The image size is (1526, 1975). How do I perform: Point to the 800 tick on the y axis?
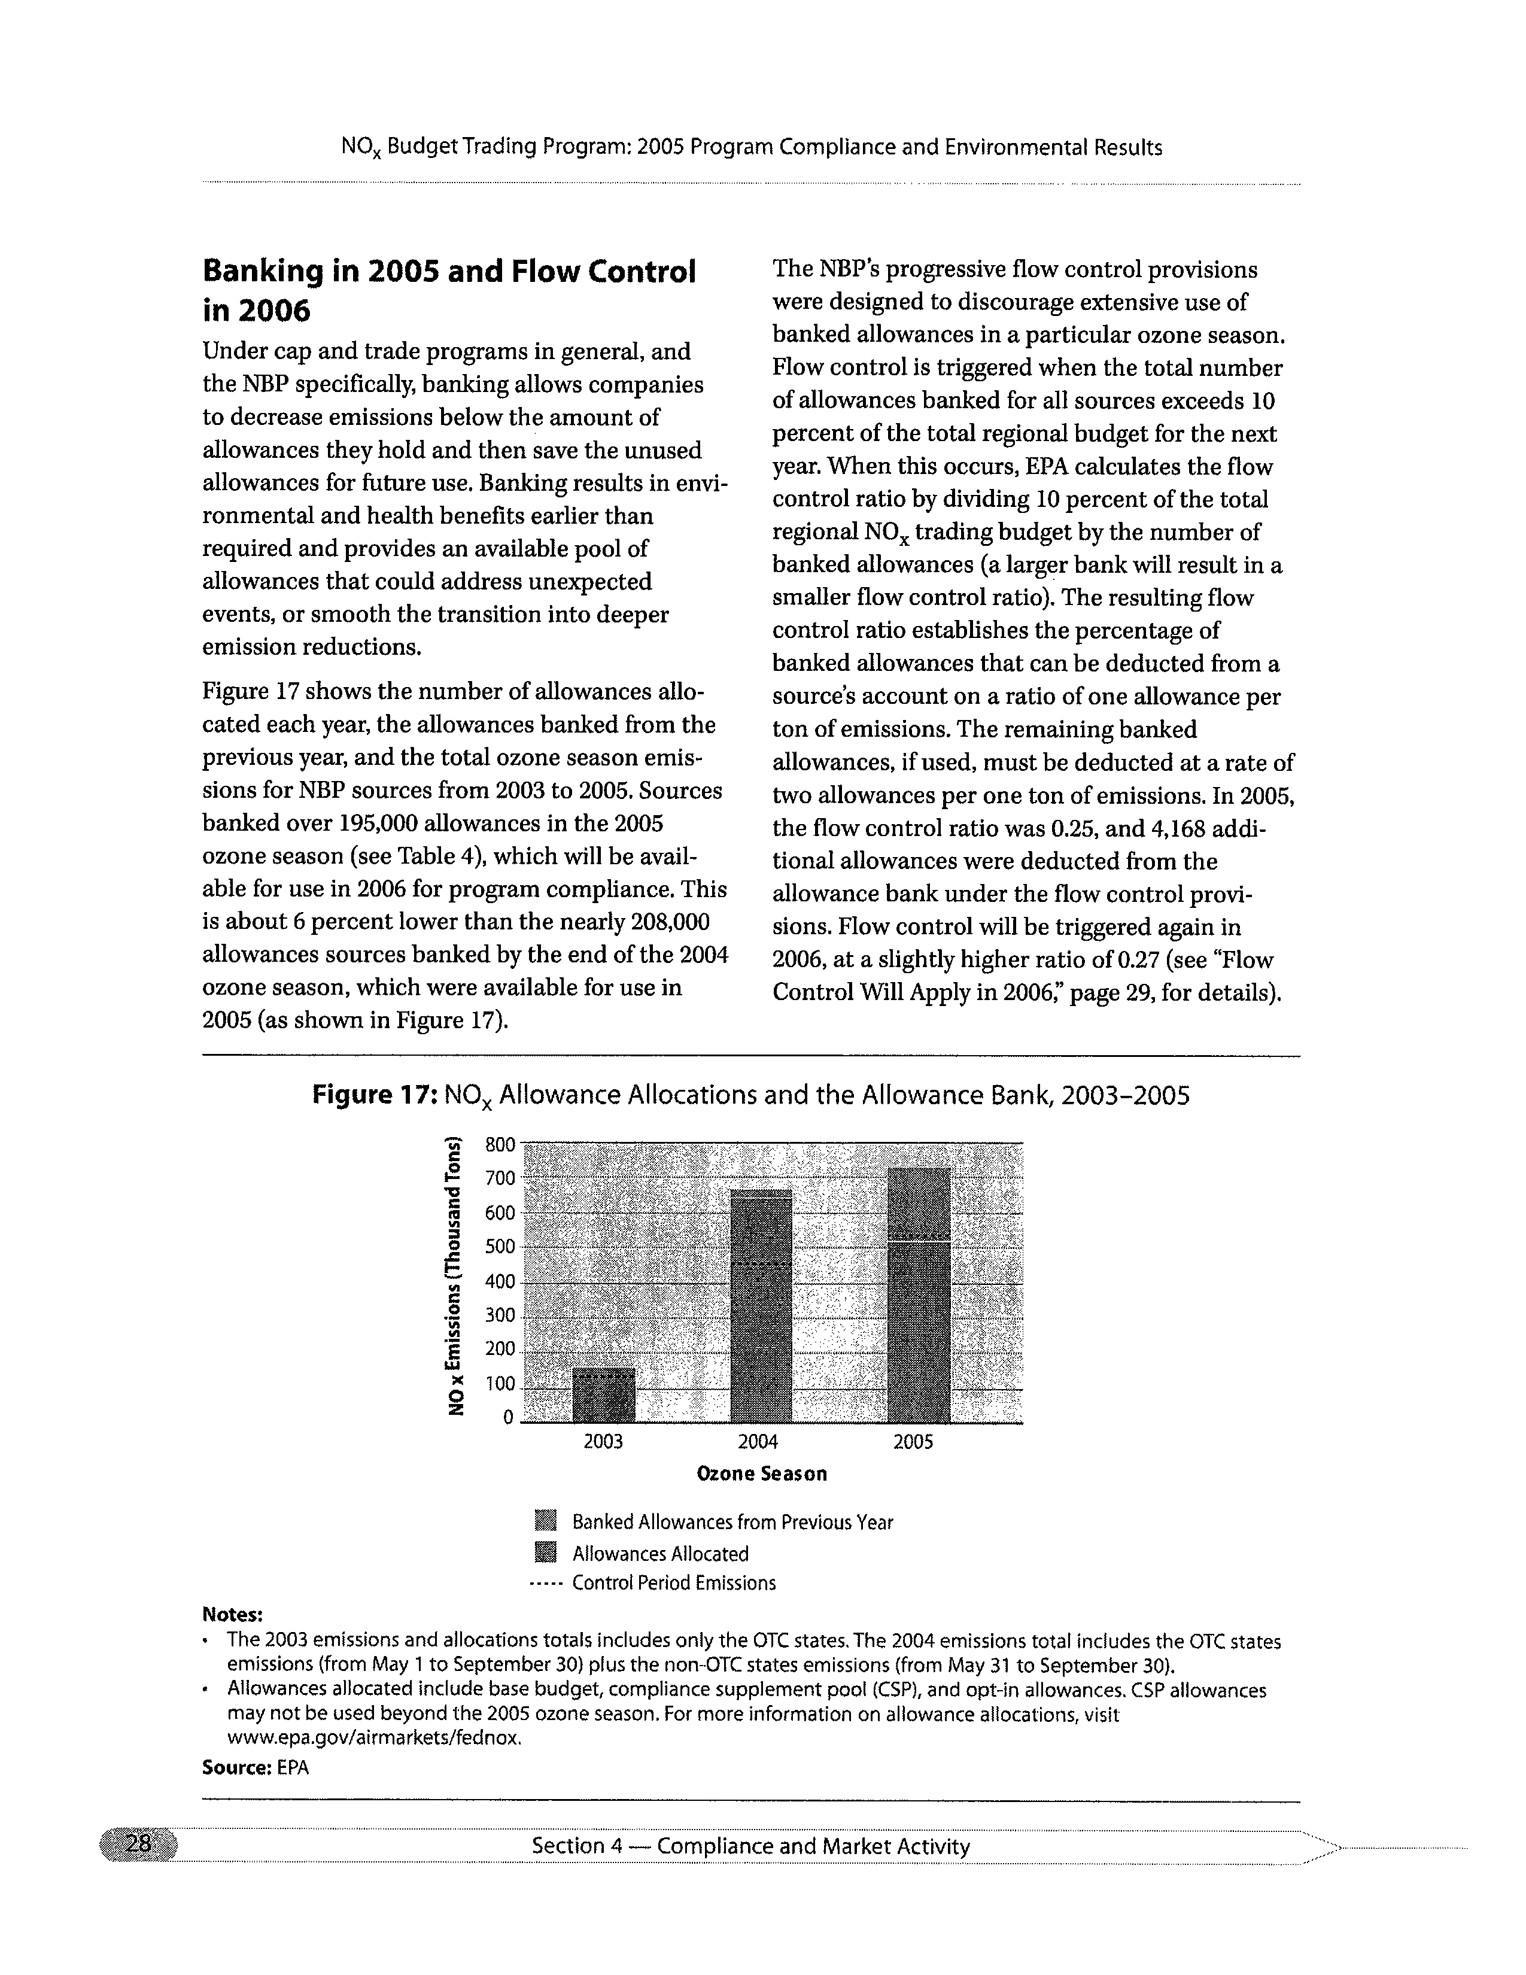(499, 1145)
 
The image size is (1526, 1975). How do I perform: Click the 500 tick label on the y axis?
(499, 1247)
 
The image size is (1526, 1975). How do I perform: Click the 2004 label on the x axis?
(758, 1442)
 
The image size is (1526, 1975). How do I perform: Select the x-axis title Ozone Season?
(761, 1474)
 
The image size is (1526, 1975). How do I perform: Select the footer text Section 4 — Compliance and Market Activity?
(750, 1846)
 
